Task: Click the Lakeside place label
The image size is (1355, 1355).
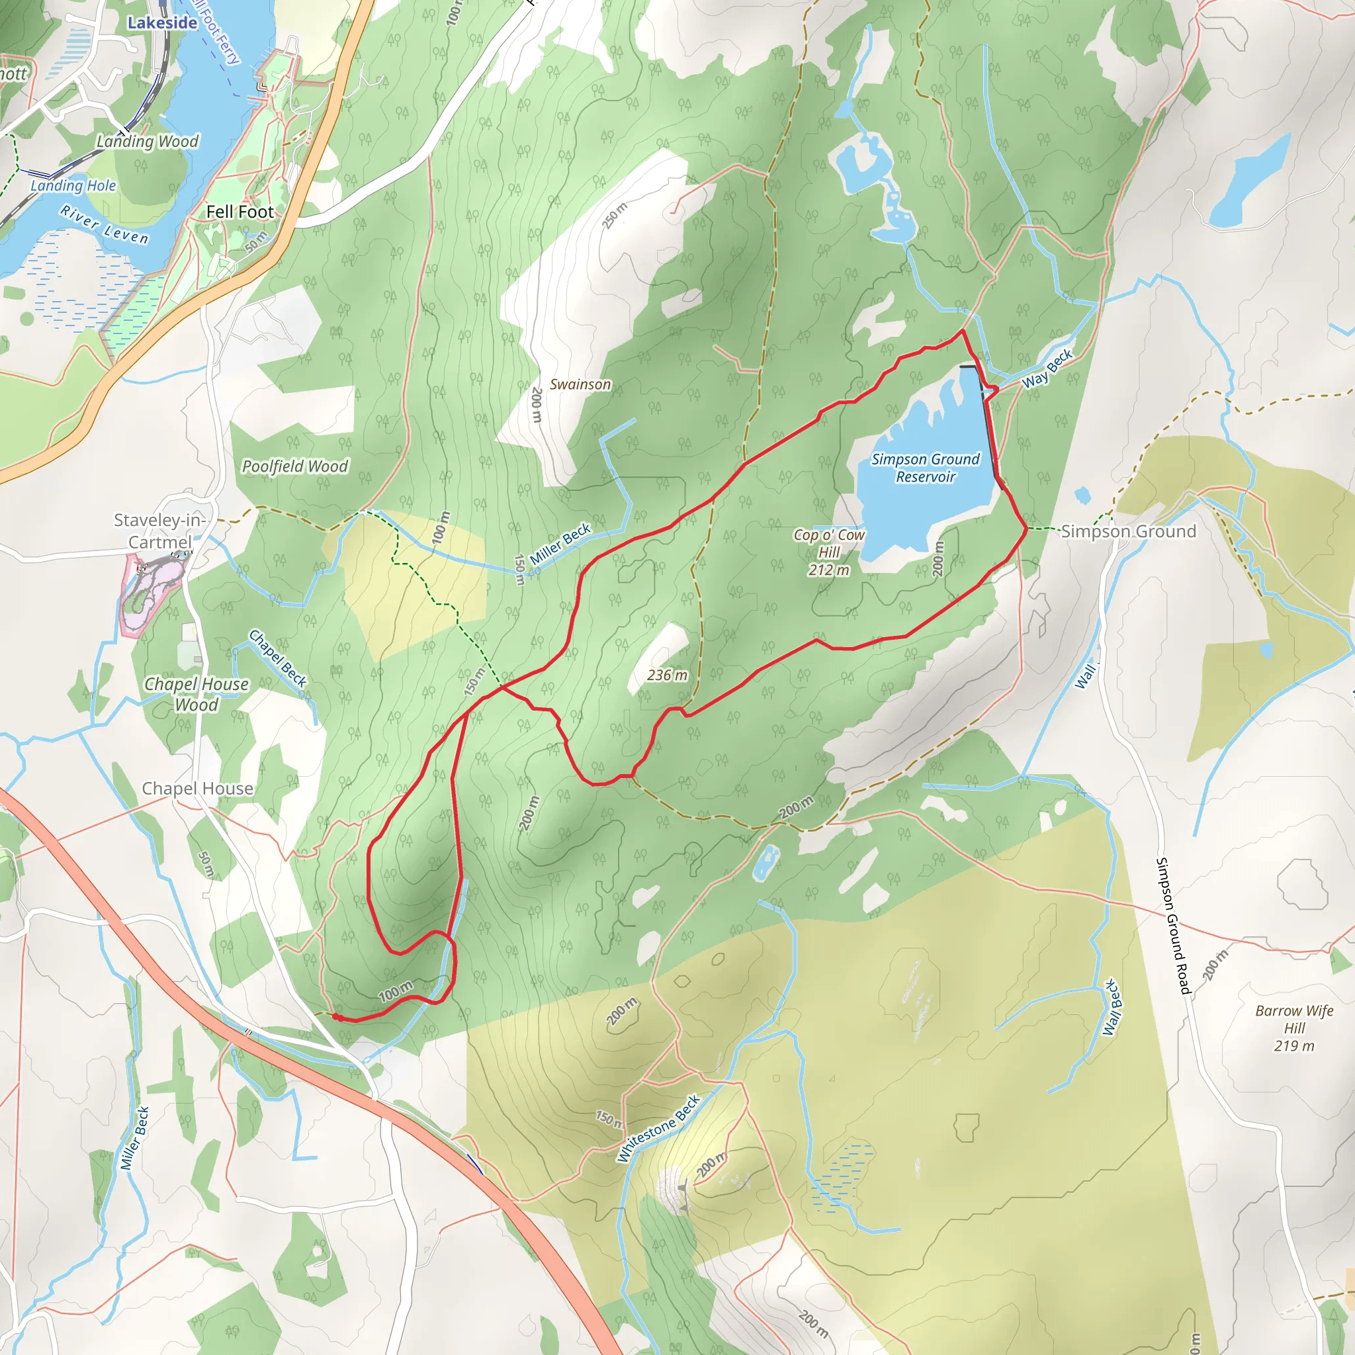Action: (x=162, y=22)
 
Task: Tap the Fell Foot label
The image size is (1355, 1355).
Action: (x=240, y=212)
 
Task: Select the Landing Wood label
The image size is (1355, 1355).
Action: (x=148, y=142)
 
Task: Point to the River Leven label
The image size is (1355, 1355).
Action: (x=105, y=225)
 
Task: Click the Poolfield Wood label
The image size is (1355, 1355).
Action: (x=294, y=466)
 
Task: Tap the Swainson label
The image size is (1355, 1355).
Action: (x=580, y=384)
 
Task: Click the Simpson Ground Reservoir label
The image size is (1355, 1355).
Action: (x=925, y=468)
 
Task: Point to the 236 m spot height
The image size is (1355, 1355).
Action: (x=667, y=675)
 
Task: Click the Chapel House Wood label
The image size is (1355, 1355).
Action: (x=197, y=693)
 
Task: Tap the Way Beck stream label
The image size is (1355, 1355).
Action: (x=1047, y=369)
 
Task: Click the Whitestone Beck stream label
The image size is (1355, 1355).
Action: (x=658, y=1129)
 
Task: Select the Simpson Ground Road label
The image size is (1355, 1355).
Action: (x=1173, y=926)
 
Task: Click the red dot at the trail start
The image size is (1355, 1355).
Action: (x=336, y=1016)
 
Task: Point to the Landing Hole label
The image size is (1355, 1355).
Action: (x=73, y=186)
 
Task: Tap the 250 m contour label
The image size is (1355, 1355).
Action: (x=615, y=215)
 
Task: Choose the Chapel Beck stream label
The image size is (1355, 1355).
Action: (x=278, y=658)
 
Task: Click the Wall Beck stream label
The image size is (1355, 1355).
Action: (x=1112, y=1007)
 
